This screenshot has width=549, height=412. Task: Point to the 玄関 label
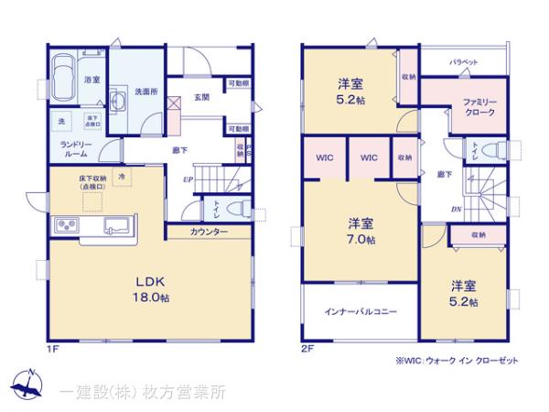click(202, 97)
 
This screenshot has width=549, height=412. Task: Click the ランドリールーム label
click(76, 149)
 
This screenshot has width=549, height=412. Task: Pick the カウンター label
click(210, 233)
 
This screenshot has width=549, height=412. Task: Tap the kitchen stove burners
click(68, 224)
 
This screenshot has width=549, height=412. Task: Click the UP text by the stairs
click(187, 179)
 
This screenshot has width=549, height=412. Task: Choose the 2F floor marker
click(307, 348)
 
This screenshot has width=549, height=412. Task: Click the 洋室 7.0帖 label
click(360, 232)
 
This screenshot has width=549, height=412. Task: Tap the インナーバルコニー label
click(360, 312)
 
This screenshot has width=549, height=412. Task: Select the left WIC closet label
click(325, 157)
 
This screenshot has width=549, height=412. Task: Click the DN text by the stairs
click(456, 208)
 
